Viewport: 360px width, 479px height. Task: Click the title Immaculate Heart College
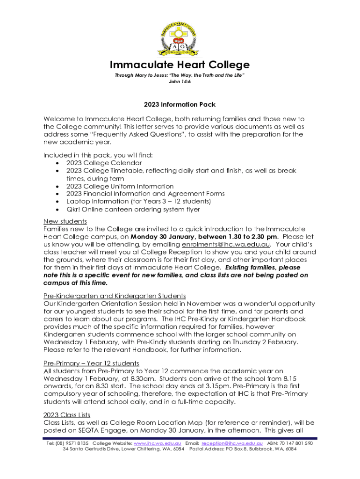click(180, 65)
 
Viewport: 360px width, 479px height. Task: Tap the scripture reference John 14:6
click(180, 81)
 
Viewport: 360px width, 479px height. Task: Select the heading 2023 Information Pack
click(180, 104)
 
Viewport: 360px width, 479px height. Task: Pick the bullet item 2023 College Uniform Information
click(120, 186)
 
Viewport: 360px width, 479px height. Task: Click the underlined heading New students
click(65, 221)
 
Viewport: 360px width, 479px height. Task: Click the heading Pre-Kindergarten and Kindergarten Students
click(115, 296)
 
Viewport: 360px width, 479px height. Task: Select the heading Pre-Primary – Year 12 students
click(91, 363)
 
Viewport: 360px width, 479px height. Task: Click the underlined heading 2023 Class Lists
click(67, 414)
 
